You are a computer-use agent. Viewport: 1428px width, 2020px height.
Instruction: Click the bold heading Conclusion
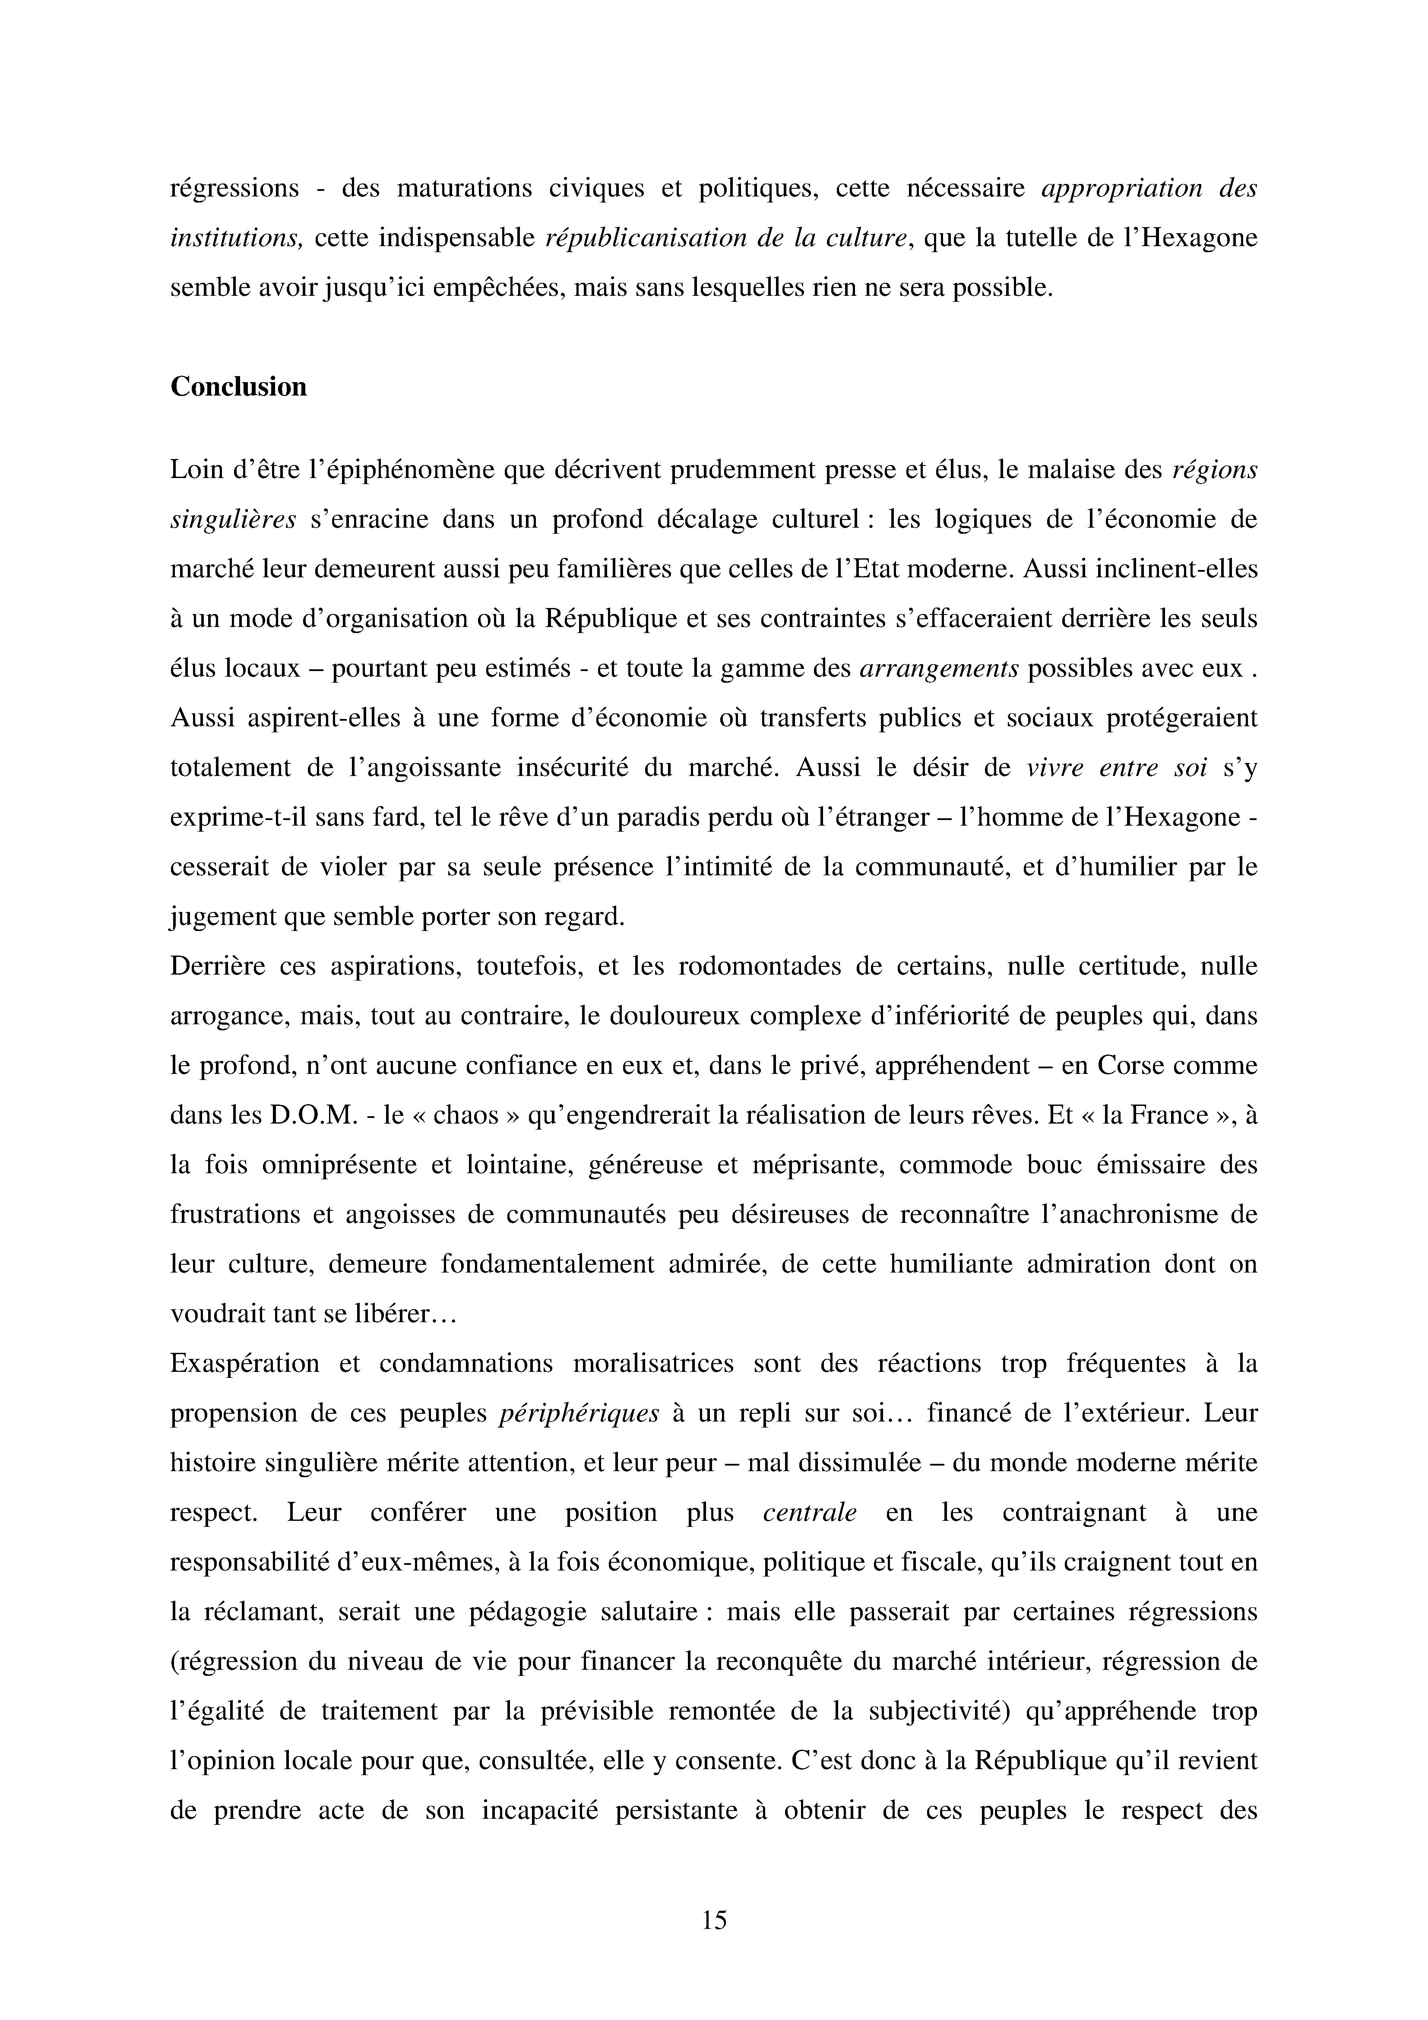pyautogui.click(x=238, y=387)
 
